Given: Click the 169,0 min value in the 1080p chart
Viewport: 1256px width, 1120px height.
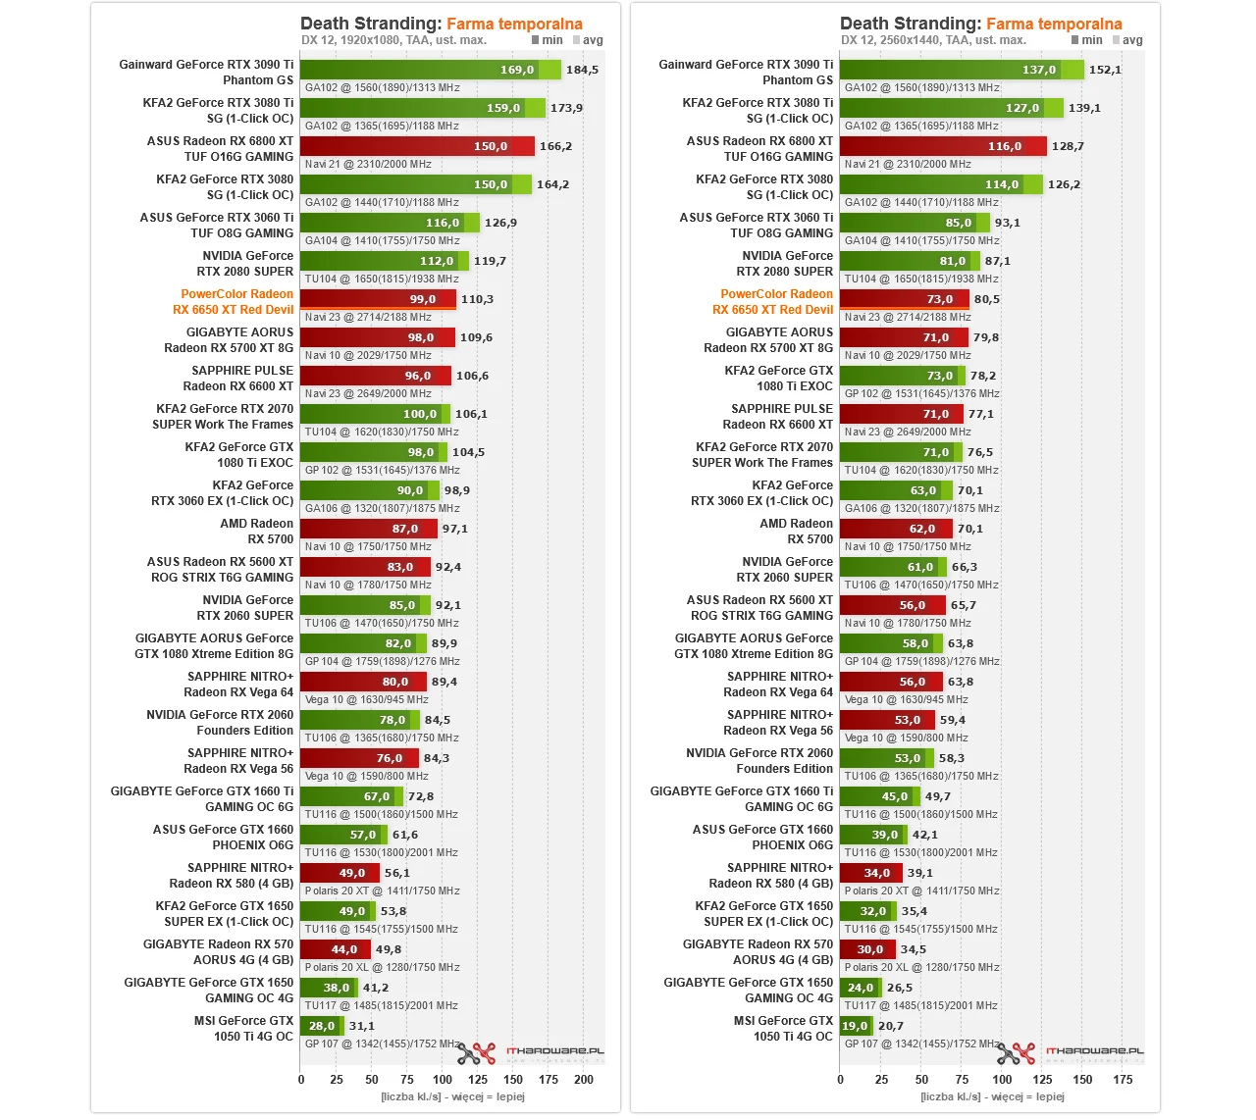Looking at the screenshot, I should click(x=517, y=70).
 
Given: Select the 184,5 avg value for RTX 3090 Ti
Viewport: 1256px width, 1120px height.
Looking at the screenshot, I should click(x=582, y=70).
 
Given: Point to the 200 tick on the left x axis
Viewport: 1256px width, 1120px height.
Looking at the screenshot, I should click(x=584, y=1079).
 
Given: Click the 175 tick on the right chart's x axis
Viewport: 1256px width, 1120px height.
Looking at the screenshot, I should click(x=1123, y=1079).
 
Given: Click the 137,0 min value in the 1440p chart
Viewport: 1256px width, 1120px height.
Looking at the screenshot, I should click(x=1038, y=70).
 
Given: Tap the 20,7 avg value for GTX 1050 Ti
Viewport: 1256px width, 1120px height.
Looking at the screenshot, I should click(x=891, y=1026).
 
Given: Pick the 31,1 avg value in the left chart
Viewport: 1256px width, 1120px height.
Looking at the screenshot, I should click(x=362, y=1026).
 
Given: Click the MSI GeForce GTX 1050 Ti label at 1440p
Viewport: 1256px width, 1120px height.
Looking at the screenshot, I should click(x=784, y=1028).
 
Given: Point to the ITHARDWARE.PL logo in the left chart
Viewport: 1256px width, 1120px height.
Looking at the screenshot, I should click(x=554, y=1051).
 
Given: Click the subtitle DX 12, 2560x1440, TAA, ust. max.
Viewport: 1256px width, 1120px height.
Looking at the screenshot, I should click(x=933, y=40).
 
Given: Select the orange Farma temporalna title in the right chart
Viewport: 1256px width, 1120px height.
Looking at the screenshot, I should click(x=1054, y=24).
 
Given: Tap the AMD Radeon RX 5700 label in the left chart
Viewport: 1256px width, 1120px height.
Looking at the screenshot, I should click(x=256, y=531).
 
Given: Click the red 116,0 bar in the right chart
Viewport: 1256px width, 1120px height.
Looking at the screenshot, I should click(x=942, y=146).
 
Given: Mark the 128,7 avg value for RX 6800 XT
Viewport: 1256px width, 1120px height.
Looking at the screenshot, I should click(x=1068, y=146).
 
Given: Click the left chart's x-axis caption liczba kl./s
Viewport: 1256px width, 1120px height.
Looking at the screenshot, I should click(x=452, y=1096).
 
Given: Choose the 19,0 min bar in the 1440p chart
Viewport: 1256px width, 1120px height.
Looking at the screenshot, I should click(x=855, y=1026).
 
